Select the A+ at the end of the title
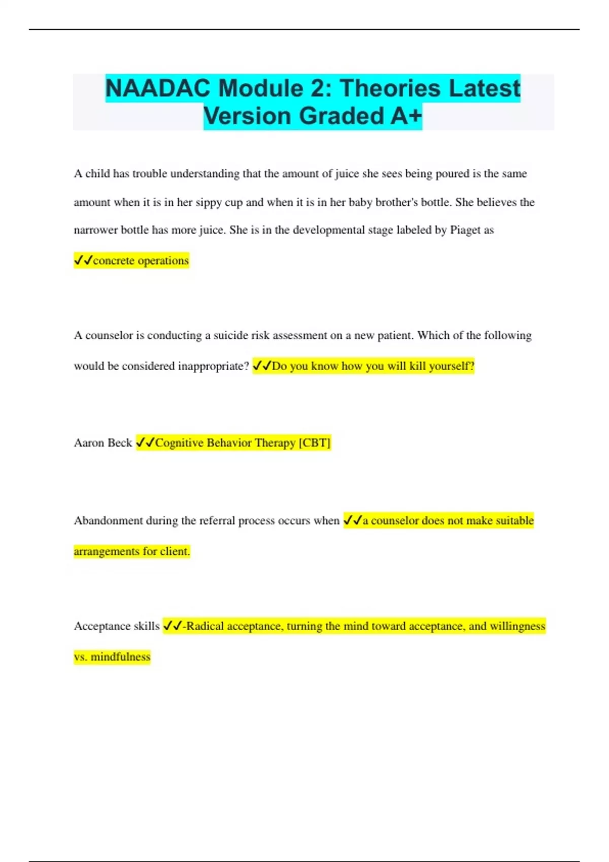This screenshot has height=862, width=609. tap(406, 116)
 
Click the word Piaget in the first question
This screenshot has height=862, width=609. tap(465, 230)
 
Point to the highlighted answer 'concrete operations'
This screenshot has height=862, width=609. tap(141, 261)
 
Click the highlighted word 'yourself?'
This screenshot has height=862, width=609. tap(452, 366)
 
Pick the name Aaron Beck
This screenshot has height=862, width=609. tap(103, 443)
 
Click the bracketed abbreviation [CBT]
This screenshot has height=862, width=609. tap(315, 443)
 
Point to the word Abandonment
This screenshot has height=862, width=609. tap(108, 521)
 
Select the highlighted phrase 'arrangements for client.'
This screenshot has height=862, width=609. tap(132, 551)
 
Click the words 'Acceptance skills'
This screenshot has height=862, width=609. tap(117, 626)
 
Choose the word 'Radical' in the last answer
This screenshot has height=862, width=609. tap(205, 626)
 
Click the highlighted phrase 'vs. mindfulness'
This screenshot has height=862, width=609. tap(112, 657)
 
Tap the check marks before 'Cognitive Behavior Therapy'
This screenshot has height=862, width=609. tap(146, 443)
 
